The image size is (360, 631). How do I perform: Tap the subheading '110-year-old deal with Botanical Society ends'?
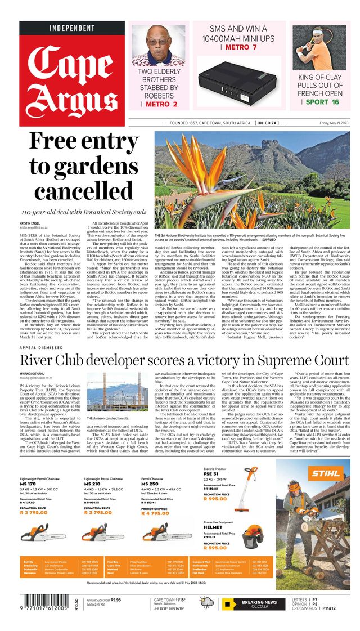coord(83,212)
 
